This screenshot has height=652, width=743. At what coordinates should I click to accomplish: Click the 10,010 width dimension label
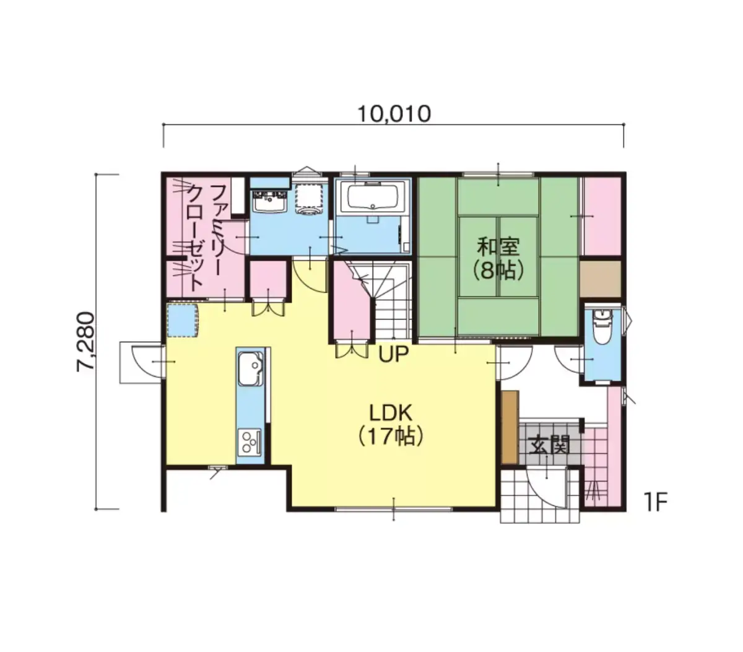point(394,114)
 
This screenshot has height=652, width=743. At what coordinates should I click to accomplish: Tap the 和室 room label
point(497,246)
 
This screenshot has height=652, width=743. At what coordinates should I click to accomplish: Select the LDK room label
point(391,414)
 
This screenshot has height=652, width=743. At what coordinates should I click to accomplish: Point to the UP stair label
point(393,355)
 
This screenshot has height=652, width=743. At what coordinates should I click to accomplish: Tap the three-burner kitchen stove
point(249,442)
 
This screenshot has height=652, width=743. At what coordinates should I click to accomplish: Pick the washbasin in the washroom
point(271,201)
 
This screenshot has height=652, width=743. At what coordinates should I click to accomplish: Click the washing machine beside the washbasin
point(310,200)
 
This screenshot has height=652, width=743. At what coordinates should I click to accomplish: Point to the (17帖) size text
point(391,438)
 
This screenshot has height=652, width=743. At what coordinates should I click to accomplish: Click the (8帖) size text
point(497,271)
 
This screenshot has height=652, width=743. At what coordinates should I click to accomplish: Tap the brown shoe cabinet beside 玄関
point(510,427)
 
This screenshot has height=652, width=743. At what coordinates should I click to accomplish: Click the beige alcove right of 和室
point(600,279)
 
